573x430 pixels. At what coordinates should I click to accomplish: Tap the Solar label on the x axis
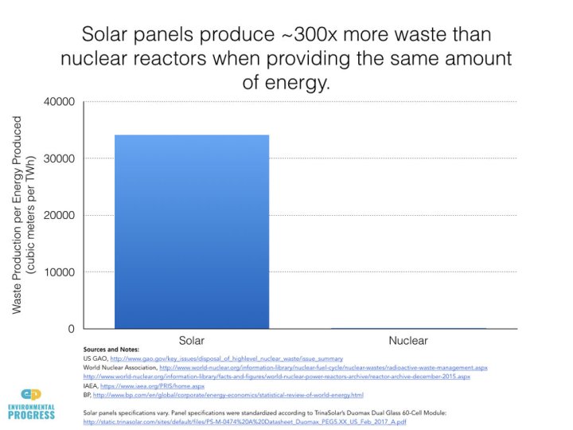(x=191, y=340)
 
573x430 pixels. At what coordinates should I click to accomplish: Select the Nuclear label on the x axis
(x=407, y=340)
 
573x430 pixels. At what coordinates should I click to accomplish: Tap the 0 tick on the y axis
(x=70, y=329)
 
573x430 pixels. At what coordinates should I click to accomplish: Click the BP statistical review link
(x=228, y=395)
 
